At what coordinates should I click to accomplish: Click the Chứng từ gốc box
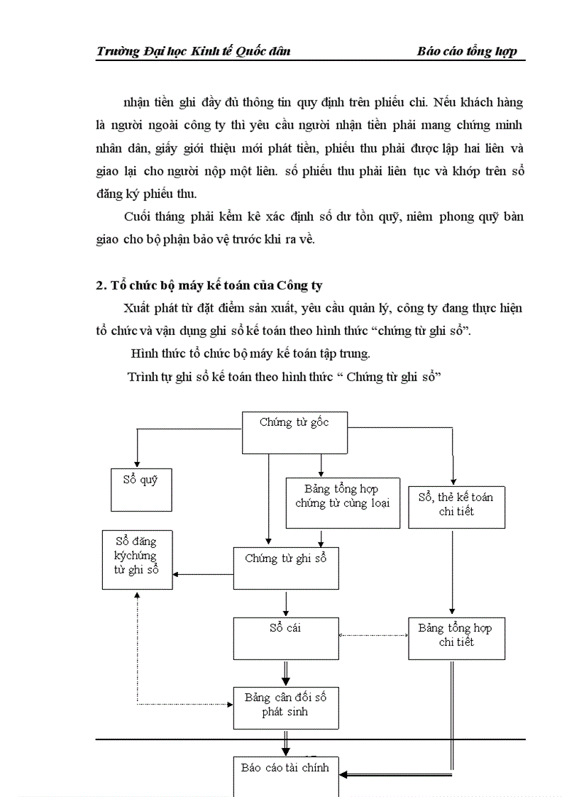(294, 432)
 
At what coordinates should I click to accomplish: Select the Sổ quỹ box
(141, 489)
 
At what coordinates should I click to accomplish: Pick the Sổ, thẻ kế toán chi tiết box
(456, 506)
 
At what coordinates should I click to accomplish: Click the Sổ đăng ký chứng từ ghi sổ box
(137, 559)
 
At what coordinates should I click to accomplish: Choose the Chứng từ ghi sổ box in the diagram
(286, 568)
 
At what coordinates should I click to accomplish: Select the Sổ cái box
(286, 637)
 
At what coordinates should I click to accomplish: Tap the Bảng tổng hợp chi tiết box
(456, 637)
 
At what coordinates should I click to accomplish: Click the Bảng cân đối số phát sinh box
(286, 707)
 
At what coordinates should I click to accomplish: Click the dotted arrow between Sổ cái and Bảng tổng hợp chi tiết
(374, 635)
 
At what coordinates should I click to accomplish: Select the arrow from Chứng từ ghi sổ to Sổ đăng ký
(203, 574)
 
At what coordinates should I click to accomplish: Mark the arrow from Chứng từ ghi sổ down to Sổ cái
(286, 603)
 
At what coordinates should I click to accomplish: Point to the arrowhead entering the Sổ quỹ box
(136, 461)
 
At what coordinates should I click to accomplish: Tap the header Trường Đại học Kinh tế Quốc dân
(193, 51)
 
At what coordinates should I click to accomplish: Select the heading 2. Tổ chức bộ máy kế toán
(209, 285)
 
